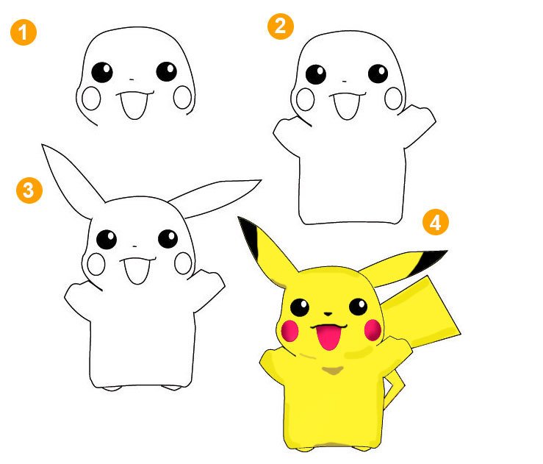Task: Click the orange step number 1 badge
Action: point(24,32)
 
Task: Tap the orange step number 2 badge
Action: point(281,26)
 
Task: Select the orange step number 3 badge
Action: point(29,190)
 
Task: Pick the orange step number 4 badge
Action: point(435,222)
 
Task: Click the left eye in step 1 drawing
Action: point(102,72)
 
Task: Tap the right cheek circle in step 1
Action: point(182,97)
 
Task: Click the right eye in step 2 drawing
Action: point(378,74)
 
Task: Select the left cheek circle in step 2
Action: point(306,99)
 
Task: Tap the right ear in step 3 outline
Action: point(215,198)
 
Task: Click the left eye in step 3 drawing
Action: point(107,240)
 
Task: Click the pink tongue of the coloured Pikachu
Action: point(328,337)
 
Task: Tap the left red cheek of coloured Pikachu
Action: point(290,331)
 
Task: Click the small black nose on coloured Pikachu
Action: point(328,314)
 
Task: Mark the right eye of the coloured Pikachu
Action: point(358,307)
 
